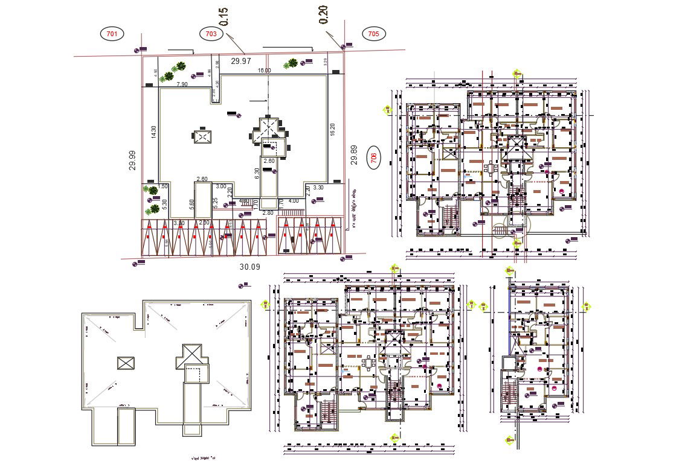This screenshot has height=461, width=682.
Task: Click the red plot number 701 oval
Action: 112,34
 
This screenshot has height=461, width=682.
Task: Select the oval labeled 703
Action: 211,34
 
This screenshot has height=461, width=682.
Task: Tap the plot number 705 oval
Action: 373,34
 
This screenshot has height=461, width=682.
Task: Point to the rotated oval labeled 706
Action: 374,158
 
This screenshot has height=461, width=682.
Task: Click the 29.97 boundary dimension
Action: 241,61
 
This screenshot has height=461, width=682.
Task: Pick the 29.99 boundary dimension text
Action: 133,161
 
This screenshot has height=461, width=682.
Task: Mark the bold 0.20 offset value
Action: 324,15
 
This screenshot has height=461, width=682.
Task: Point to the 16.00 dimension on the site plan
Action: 265,71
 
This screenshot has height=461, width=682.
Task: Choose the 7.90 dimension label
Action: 182,84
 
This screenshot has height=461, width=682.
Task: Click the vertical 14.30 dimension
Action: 154,133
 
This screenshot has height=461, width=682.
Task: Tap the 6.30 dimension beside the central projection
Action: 257,174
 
